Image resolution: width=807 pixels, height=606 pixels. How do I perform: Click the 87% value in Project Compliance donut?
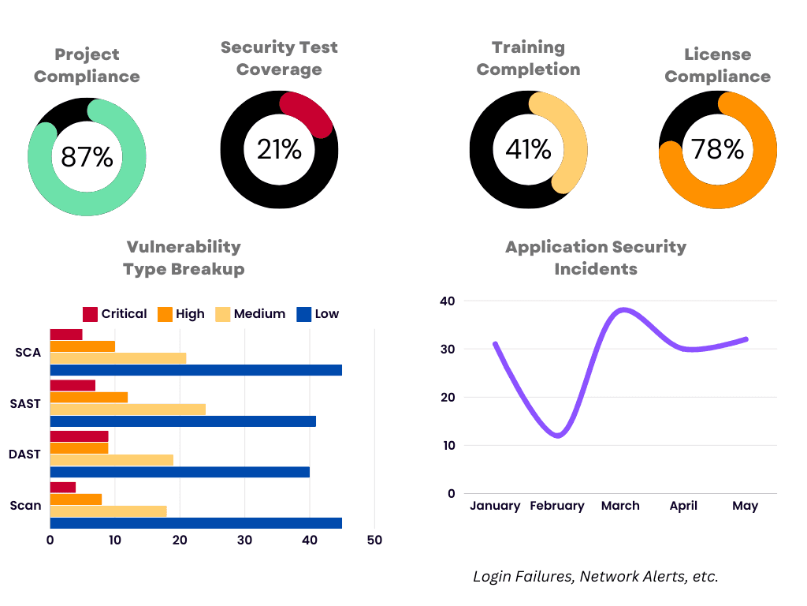87,157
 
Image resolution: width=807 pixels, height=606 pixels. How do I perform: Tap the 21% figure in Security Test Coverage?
279,149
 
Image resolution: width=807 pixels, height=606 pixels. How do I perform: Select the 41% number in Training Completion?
528,149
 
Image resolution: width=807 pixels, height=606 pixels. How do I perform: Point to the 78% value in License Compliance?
717,149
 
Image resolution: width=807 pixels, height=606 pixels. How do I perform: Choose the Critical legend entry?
114,314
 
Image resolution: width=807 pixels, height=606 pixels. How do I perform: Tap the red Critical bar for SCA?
66,335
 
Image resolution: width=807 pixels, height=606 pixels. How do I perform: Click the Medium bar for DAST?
111,460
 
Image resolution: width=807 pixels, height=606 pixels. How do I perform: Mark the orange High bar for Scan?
76,499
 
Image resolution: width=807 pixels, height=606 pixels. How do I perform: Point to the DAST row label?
24,454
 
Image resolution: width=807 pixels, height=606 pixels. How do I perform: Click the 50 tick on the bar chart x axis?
374,541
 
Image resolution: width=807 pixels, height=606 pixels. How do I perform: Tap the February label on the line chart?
557,506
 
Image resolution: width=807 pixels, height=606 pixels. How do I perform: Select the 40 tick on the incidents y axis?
448,301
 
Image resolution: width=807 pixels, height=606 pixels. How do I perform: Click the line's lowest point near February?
559,436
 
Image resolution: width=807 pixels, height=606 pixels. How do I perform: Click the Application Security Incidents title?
596,257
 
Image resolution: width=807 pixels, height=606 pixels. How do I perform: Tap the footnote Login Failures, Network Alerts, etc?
596,577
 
